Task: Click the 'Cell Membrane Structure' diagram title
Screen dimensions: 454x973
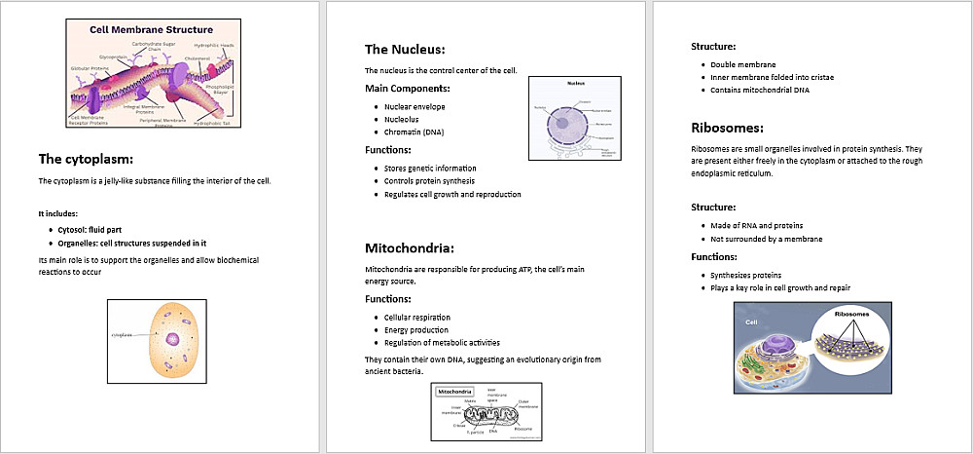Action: (x=151, y=29)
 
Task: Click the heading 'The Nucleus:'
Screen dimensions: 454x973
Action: (x=405, y=49)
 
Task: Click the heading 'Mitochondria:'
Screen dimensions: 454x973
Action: (x=410, y=247)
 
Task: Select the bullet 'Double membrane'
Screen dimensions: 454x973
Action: (x=743, y=64)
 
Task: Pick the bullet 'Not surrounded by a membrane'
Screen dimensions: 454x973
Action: (x=768, y=238)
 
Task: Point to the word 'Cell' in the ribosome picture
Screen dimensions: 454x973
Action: (x=751, y=322)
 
